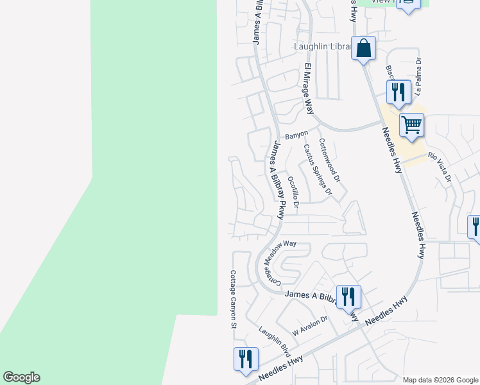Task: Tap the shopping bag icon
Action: point(363,48)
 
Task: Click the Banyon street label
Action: point(296,135)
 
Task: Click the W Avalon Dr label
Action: point(310,327)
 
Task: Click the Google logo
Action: point(21,377)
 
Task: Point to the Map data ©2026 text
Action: point(440,380)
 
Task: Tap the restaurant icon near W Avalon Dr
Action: point(348,296)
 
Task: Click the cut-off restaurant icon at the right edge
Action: point(476,227)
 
